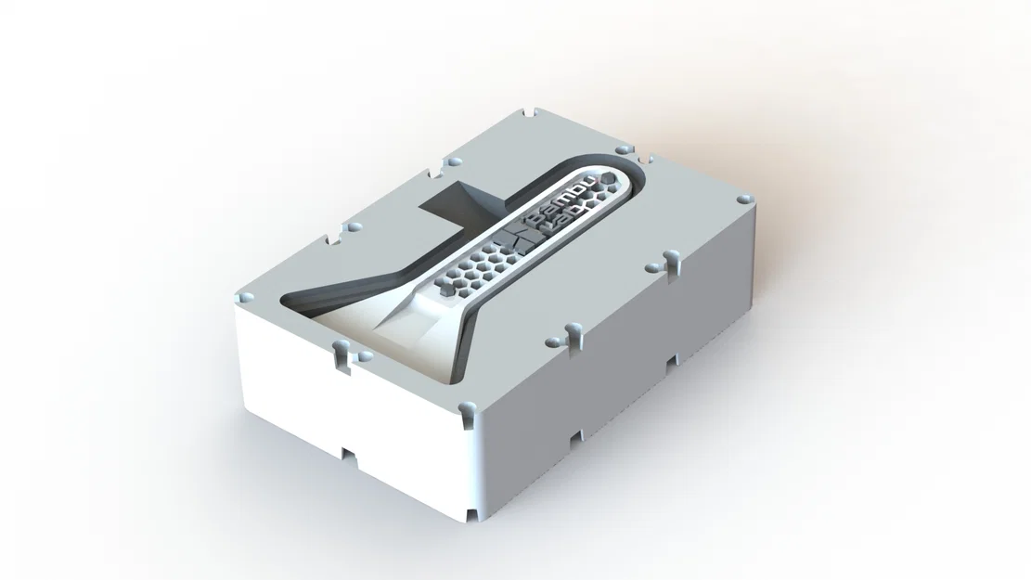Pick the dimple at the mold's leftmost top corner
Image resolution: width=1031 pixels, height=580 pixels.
[246, 295]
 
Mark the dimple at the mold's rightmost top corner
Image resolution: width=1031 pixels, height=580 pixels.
[742, 199]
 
